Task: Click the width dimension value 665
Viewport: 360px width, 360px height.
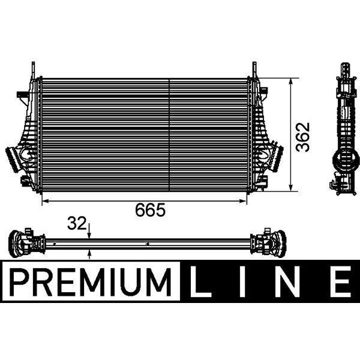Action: pyautogui.click(x=149, y=210)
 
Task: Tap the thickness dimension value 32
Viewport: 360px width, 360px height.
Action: pyautogui.click(x=76, y=224)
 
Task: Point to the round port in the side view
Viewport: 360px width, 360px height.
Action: pyautogui.click(x=344, y=160)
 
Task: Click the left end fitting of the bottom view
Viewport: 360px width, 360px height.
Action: pyautogui.click(x=21, y=244)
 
